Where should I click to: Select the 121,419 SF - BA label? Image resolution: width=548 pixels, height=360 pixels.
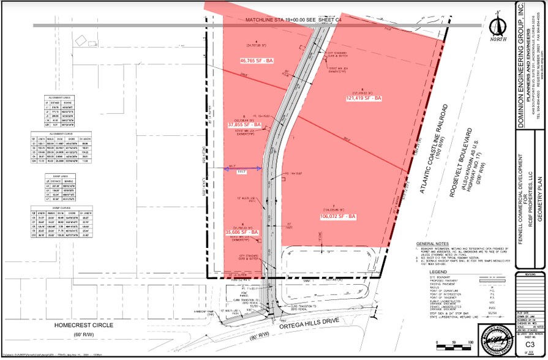[x=364, y=98]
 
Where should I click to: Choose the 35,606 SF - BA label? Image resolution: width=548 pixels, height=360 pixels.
[x=243, y=233]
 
